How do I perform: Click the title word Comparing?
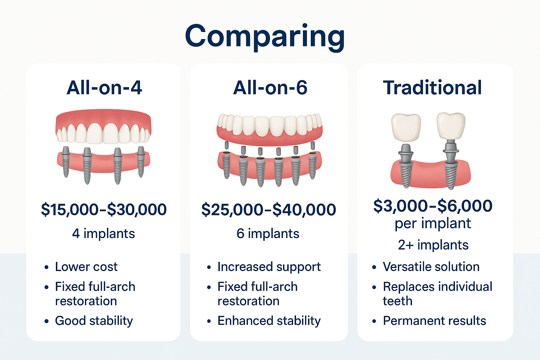(265, 37)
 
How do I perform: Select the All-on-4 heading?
(104, 88)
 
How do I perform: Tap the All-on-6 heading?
(270, 88)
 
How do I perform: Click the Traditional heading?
(432, 88)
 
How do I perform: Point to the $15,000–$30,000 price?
(104, 210)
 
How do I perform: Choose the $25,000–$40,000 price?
(269, 210)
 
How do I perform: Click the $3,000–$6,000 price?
(432, 206)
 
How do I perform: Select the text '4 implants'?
(103, 233)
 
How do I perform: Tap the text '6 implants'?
(268, 233)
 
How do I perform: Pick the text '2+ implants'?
(433, 245)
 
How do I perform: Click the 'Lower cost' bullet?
(86, 267)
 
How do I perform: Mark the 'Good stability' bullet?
(94, 321)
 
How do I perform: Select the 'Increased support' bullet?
(269, 267)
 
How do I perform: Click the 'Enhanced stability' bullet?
(269, 321)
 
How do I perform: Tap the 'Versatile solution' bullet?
(431, 267)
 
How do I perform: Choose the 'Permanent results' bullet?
(434, 321)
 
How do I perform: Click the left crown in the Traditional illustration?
(406, 128)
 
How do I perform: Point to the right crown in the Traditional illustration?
(451, 126)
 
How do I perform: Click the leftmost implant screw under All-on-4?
(66, 162)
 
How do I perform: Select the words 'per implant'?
(433, 224)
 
